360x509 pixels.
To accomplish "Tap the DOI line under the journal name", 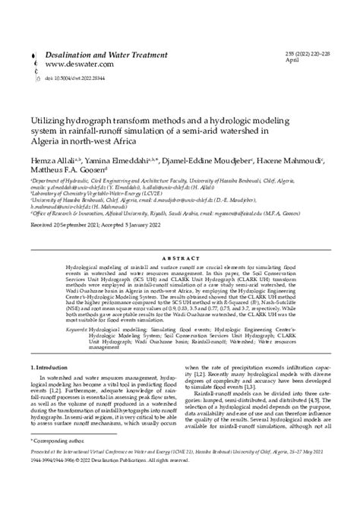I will point(73,78).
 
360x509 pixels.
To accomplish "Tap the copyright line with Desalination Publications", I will point(114,481).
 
